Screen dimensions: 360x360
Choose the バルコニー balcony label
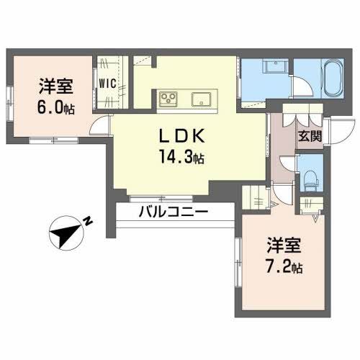173,212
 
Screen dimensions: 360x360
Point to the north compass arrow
66,233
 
